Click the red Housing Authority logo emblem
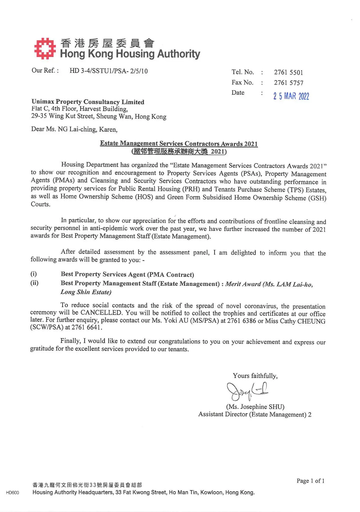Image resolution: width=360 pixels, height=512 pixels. click(x=45, y=49)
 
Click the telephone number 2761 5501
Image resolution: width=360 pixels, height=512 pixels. click(x=289, y=73)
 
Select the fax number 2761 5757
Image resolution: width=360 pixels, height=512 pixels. click(x=289, y=83)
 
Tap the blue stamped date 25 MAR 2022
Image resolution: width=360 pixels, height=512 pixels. click(x=291, y=96)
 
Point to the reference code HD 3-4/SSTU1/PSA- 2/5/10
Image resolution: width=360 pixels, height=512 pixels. click(x=109, y=71)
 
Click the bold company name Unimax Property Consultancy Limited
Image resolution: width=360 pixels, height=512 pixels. click(x=88, y=102)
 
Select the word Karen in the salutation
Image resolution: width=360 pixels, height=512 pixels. click(x=108, y=130)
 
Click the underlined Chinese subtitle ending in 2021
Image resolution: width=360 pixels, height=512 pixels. click(x=179, y=152)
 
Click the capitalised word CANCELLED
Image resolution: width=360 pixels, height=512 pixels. click(x=101, y=313)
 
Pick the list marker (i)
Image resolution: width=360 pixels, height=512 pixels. click(x=34, y=274)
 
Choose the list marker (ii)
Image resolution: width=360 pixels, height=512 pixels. click(x=34, y=283)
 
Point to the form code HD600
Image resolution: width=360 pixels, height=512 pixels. click(x=13, y=493)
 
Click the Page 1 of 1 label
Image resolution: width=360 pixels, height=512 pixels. click(x=310, y=481)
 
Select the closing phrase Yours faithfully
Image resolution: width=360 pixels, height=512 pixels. click(x=255, y=376)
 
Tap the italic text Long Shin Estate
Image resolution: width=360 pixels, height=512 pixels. click(x=86, y=292)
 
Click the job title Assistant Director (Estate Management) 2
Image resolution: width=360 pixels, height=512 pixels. click(x=255, y=414)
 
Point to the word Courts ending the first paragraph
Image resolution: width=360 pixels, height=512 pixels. click(x=41, y=204)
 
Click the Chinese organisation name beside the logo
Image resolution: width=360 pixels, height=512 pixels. click(x=107, y=43)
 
